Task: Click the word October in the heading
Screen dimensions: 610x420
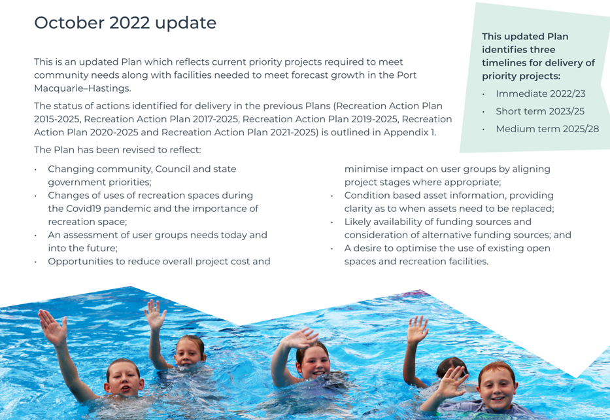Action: pyautogui.click(x=69, y=23)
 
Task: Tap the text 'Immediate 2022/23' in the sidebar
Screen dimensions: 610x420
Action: pyautogui.click(x=540, y=94)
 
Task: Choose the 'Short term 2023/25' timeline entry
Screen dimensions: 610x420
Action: pyautogui.click(x=540, y=111)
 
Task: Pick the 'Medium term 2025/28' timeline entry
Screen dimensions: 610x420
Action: pyautogui.click(x=547, y=129)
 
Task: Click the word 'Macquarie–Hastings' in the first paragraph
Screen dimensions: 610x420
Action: pyautogui.click(x=82, y=88)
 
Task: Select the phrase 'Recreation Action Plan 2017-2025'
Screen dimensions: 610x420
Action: pyautogui.click(x=160, y=119)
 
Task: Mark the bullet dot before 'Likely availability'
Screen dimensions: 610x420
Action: pyautogui.click(x=332, y=222)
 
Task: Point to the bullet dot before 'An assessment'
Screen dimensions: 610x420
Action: pyautogui.click(x=35, y=236)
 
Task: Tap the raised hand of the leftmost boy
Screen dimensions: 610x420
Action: pyautogui.click(x=52, y=327)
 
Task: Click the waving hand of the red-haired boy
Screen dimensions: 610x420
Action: pyautogui.click(x=450, y=383)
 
